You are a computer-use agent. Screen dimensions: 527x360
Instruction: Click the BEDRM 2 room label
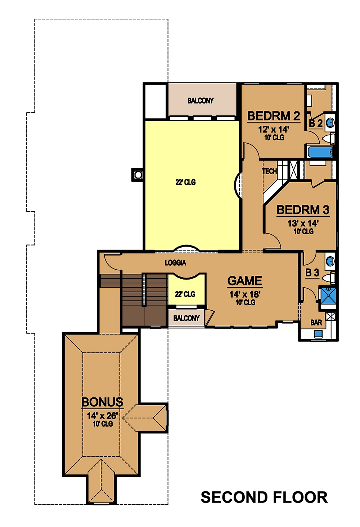274,116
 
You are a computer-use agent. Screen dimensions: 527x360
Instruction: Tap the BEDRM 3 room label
303,210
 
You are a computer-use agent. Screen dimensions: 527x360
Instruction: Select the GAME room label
245,281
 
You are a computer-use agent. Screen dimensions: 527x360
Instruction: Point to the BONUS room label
102,402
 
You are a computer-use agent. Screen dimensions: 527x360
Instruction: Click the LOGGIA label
175,263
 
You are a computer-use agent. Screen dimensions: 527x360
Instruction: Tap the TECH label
269,171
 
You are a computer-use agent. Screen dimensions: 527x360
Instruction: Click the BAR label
316,323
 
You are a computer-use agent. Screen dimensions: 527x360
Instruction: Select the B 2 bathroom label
316,123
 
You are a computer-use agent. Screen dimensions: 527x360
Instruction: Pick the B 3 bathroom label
312,273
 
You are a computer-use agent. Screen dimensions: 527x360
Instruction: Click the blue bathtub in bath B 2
320,152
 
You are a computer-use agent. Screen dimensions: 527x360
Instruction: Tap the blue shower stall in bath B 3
328,296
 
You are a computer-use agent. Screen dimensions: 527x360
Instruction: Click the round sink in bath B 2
330,123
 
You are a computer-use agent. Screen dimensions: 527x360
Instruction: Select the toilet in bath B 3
329,278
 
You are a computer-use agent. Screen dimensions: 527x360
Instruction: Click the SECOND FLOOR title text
264,497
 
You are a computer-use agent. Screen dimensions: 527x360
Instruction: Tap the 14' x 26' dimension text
102,416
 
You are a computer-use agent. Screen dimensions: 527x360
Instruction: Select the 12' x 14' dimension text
274,130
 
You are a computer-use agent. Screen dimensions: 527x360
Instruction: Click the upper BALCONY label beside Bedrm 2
201,101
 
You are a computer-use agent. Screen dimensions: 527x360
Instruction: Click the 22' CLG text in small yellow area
185,294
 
